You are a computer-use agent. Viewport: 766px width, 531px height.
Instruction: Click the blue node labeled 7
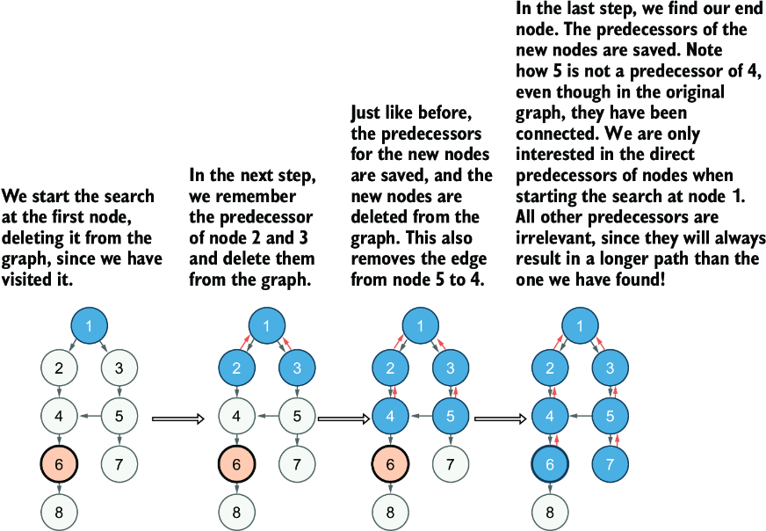[611, 463]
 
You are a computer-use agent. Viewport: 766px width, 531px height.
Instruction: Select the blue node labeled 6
[550, 463]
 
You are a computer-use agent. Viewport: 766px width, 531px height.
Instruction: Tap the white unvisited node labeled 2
[59, 367]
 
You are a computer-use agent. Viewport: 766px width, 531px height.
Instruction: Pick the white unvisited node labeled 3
[119, 367]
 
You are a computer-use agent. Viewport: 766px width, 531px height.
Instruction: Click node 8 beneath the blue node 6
[550, 512]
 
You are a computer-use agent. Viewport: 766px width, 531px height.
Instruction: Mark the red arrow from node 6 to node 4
[556, 440]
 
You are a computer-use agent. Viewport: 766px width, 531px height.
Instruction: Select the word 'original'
[694, 92]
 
